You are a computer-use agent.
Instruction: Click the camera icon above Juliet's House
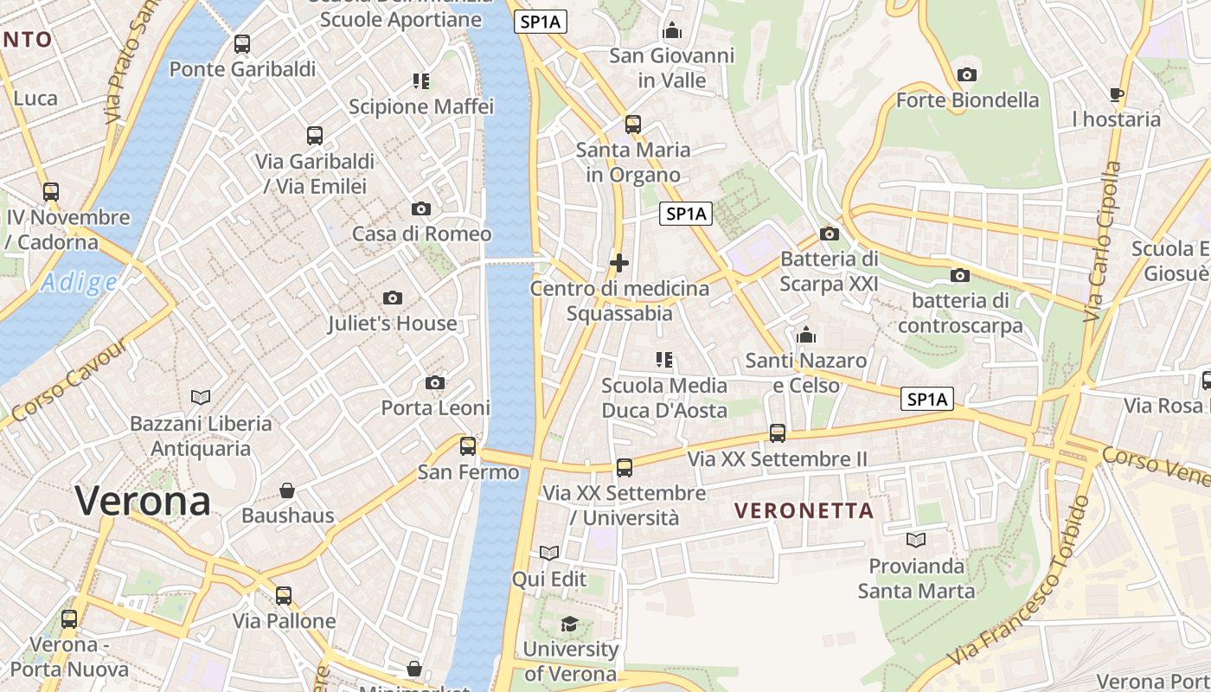393,298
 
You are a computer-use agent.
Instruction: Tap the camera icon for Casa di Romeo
421,208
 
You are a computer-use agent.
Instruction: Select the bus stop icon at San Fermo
468,446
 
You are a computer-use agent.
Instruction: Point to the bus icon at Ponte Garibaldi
242,44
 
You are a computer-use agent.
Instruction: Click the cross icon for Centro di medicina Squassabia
619,263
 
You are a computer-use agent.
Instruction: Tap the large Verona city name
143,501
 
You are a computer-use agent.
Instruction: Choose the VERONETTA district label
804,511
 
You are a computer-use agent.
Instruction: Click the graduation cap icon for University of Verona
569,624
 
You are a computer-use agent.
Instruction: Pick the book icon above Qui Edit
549,553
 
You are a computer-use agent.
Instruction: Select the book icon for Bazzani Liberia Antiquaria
201,397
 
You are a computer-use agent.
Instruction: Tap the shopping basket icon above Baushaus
287,490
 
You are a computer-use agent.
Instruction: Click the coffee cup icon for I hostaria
1117,93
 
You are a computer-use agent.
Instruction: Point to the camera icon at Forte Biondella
967,74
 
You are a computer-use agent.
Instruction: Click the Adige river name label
79,282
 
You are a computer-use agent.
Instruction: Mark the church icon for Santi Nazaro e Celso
806,335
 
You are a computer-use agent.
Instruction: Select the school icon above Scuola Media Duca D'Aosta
664,359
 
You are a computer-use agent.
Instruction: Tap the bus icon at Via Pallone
284,596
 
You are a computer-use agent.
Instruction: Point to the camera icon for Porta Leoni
435,382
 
